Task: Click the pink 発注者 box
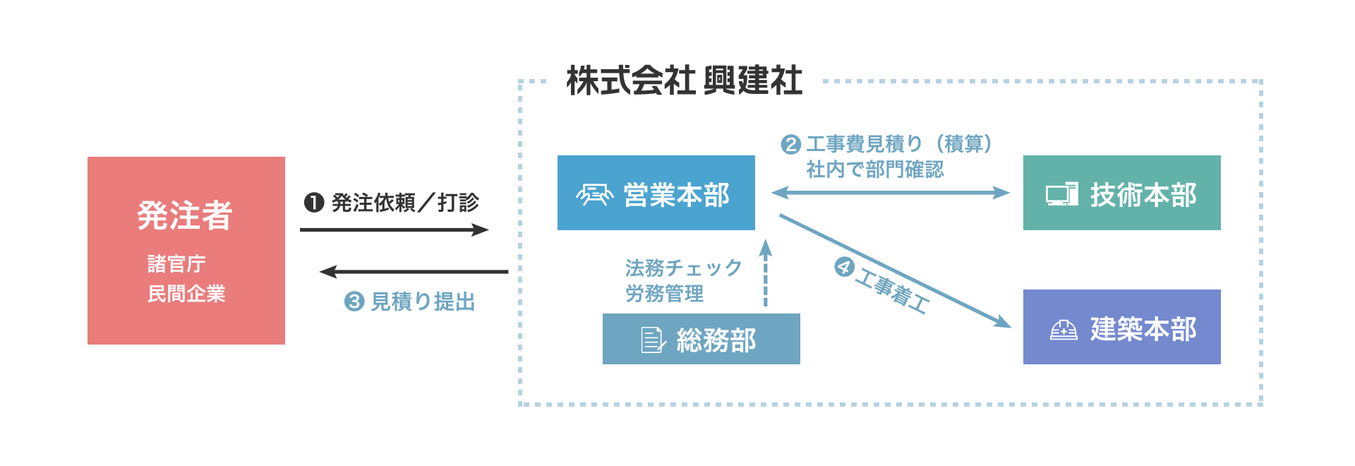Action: pyautogui.click(x=186, y=251)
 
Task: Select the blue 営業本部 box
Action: pyautogui.click(x=656, y=193)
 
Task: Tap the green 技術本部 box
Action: pyautogui.click(x=1122, y=193)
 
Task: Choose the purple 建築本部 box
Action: pyautogui.click(x=1122, y=327)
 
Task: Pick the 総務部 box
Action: pyautogui.click(x=701, y=339)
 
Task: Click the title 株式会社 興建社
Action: pyautogui.click(x=685, y=80)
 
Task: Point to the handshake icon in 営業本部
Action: pyautogui.click(x=594, y=194)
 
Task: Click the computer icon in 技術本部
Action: pyautogui.click(x=1062, y=194)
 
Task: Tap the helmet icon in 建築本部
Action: pyautogui.click(x=1064, y=330)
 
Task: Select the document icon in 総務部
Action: pyautogui.click(x=653, y=340)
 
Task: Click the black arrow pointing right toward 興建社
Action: pyautogui.click(x=394, y=229)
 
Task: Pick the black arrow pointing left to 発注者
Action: pyautogui.click(x=414, y=272)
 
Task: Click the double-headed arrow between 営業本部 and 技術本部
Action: pyautogui.click(x=891, y=192)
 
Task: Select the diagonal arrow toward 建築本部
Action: pyautogui.click(x=895, y=271)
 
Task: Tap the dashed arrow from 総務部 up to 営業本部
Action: pyautogui.click(x=766, y=273)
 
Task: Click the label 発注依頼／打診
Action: pyautogui.click(x=405, y=203)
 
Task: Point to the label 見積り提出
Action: pyautogui.click(x=423, y=301)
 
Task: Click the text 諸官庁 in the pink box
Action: pyautogui.click(x=176, y=263)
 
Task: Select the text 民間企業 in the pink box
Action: pyautogui.click(x=186, y=293)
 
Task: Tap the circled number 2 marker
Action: pyautogui.click(x=790, y=145)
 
